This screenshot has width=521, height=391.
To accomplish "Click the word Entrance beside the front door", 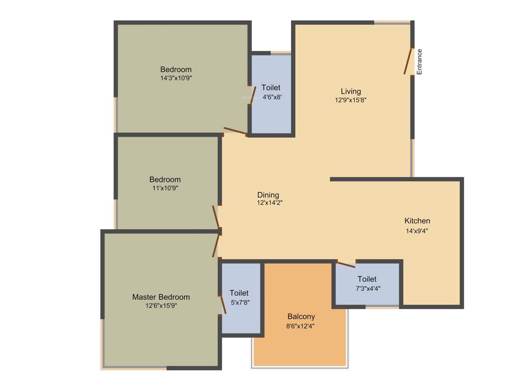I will pos(420,62).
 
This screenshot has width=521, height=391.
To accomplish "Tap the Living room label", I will pos(351,92).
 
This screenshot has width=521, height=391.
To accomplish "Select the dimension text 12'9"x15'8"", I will pos(351,100).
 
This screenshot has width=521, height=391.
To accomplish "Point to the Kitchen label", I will pos(417,221).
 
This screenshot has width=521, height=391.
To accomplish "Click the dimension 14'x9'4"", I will pos(417,231).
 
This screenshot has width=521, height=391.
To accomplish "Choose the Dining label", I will pos(268,195).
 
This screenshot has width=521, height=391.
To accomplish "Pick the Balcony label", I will pos(301,317).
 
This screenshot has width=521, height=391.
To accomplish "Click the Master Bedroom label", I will pos(161,297).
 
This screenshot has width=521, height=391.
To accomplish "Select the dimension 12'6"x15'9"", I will pos(161,306).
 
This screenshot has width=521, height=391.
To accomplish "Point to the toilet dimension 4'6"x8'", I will pos(271,97).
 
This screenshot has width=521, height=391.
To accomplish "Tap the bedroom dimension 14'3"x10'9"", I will pos(176,78).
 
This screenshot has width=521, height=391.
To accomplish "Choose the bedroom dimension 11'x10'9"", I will pos(165,188).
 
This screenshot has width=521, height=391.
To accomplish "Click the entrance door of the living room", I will pos(408,62).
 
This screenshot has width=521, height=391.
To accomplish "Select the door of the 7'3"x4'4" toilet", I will pos(346,264).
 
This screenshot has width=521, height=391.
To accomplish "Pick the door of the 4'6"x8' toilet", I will pos(252,95).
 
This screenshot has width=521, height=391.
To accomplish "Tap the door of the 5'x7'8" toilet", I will pos(222,305).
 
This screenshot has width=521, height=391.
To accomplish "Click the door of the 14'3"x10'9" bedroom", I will pos(235,131).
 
